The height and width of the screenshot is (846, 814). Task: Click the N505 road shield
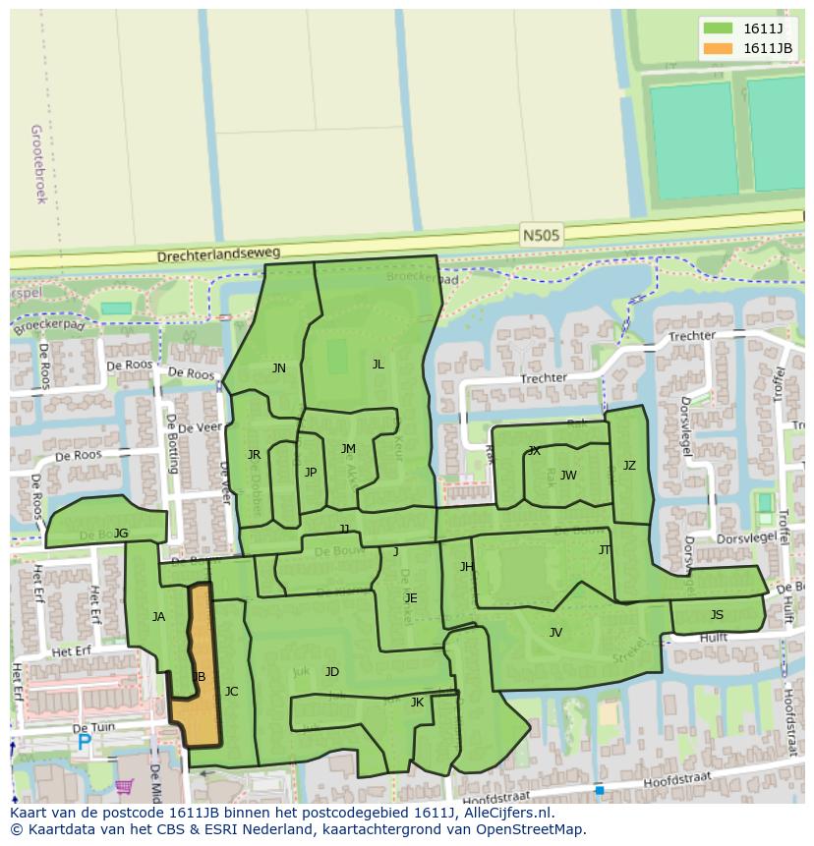tap(540, 236)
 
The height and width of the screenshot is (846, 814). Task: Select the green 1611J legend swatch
tap(718, 28)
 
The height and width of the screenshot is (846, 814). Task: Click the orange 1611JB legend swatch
tap(718, 48)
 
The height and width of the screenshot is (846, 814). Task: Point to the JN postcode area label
tap(279, 368)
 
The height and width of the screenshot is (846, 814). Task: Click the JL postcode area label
tap(378, 365)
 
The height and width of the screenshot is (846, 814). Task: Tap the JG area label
tap(121, 534)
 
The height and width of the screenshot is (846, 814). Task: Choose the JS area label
tap(717, 615)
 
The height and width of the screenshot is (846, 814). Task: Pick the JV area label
tap(555, 633)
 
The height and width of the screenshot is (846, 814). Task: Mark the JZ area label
tap(629, 466)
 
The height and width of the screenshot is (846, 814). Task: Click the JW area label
tap(568, 476)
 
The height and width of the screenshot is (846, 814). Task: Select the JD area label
tap(332, 672)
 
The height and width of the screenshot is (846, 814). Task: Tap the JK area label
tap(417, 703)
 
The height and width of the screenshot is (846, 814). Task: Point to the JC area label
tap(231, 692)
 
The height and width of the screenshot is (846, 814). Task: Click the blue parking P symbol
tap(84, 744)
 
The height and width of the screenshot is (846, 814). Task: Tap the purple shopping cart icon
tap(124, 786)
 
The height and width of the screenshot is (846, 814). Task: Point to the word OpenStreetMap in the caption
tap(530, 829)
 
